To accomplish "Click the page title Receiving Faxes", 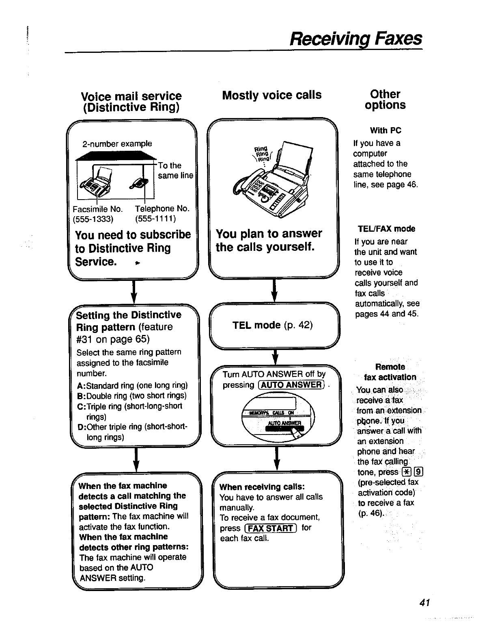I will click(355, 39).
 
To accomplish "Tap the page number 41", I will click(424, 602).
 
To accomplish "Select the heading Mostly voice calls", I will click(271, 95).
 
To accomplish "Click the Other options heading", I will click(385, 100).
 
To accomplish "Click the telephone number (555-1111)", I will click(155, 219).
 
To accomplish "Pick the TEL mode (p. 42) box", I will click(272, 325).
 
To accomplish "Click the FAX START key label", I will click(271, 528).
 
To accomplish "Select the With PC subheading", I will click(385, 130).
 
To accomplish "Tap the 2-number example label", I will click(117, 143).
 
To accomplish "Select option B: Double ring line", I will click(131, 396).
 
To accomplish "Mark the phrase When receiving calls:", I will click(262, 487).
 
